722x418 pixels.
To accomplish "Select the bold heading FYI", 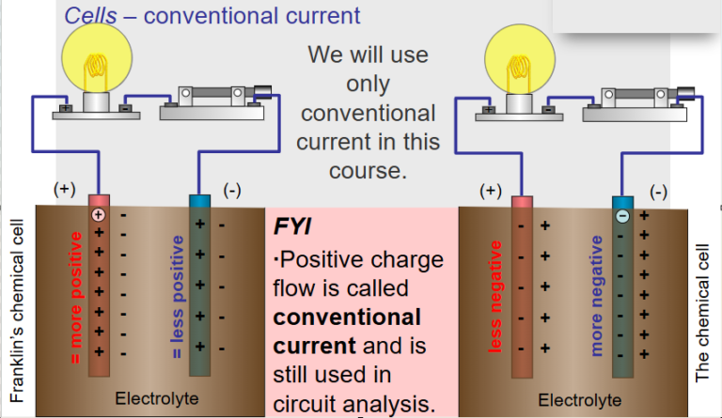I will coord(294,227).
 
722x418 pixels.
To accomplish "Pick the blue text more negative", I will coord(596,296).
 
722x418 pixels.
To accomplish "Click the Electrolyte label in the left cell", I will coord(156,398).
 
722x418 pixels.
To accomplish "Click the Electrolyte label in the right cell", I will coord(578,398).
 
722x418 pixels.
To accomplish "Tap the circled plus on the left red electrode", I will coord(97,214).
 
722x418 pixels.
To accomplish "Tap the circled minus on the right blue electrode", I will coord(621,215).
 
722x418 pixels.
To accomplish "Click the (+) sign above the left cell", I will coord(64,188).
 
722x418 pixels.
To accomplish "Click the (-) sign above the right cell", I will coord(658,192).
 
